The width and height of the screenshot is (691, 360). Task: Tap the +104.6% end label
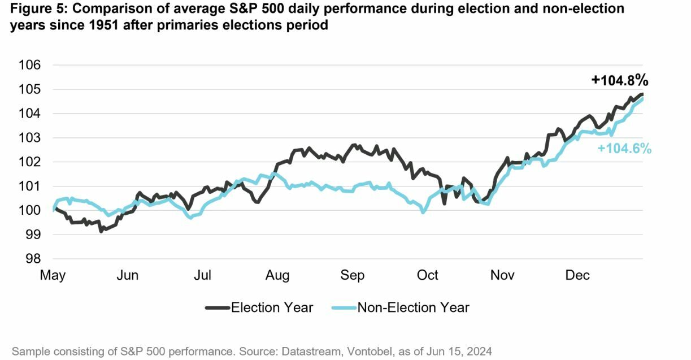coord(624,149)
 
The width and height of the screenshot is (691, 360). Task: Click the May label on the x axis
coord(53,275)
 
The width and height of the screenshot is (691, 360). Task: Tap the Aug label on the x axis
coord(277,275)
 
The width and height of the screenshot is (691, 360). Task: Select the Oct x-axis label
coord(427,275)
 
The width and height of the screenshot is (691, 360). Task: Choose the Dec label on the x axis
coord(577,275)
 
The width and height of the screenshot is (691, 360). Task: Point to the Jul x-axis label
coord(202,275)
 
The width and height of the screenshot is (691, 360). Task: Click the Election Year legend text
coord(272,307)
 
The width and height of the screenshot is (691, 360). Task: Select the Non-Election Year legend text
coord(413,307)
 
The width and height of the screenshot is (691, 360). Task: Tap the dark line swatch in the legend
coord(217,307)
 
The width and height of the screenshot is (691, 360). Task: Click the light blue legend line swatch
coord(343,307)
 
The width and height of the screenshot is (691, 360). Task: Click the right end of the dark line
coord(642,94)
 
